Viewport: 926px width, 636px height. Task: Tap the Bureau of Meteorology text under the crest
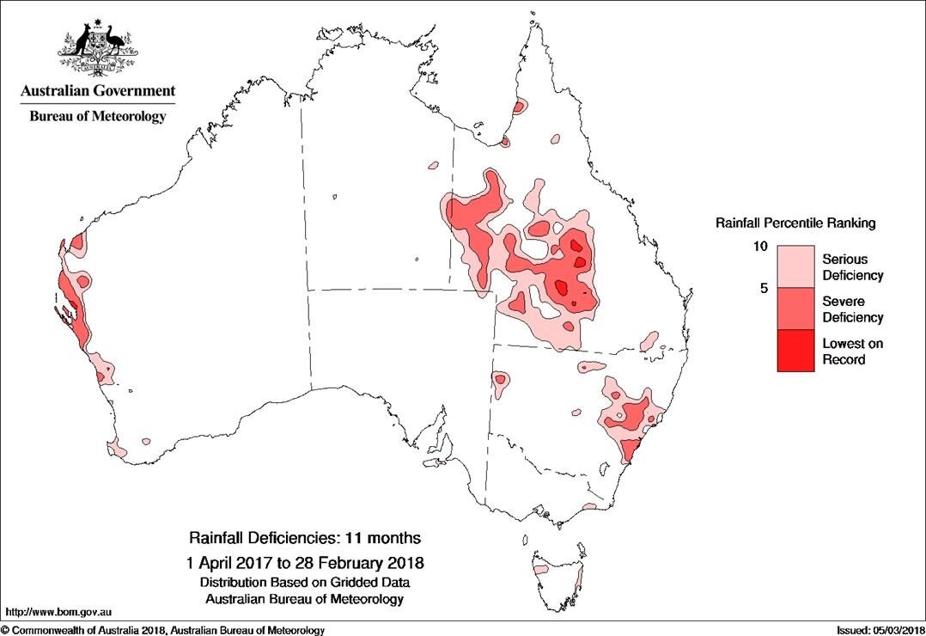[x=97, y=116]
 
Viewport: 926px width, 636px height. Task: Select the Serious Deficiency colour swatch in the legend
[x=795, y=266]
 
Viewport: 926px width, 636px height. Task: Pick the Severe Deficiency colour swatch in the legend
[x=795, y=309]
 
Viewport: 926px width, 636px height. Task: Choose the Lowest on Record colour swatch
[x=795, y=351]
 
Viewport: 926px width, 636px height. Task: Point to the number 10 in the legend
[x=760, y=247]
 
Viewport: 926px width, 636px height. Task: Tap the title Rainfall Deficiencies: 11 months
[x=305, y=539]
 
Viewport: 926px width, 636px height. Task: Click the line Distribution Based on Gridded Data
[x=305, y=582]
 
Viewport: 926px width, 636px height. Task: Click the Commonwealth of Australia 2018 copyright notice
[x=163, y=630]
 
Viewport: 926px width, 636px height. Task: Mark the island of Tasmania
[x=557, y=572]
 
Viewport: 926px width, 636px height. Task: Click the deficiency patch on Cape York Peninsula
[x=519, y=107]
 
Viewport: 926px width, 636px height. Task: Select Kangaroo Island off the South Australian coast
[x=442, y=462]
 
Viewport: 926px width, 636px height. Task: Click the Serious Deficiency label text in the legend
[x=852, y=267]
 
